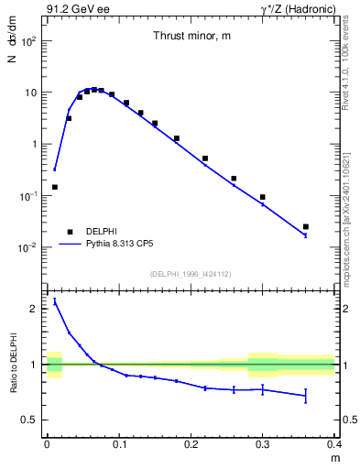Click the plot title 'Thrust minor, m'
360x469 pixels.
point(190,36)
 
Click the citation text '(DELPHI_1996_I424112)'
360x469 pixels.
point(190,274)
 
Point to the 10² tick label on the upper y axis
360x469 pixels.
point(28,42)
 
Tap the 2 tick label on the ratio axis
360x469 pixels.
point(34,309)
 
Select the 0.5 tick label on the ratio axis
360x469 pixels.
point(30,420)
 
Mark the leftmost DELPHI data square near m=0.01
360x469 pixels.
point(54,187)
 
